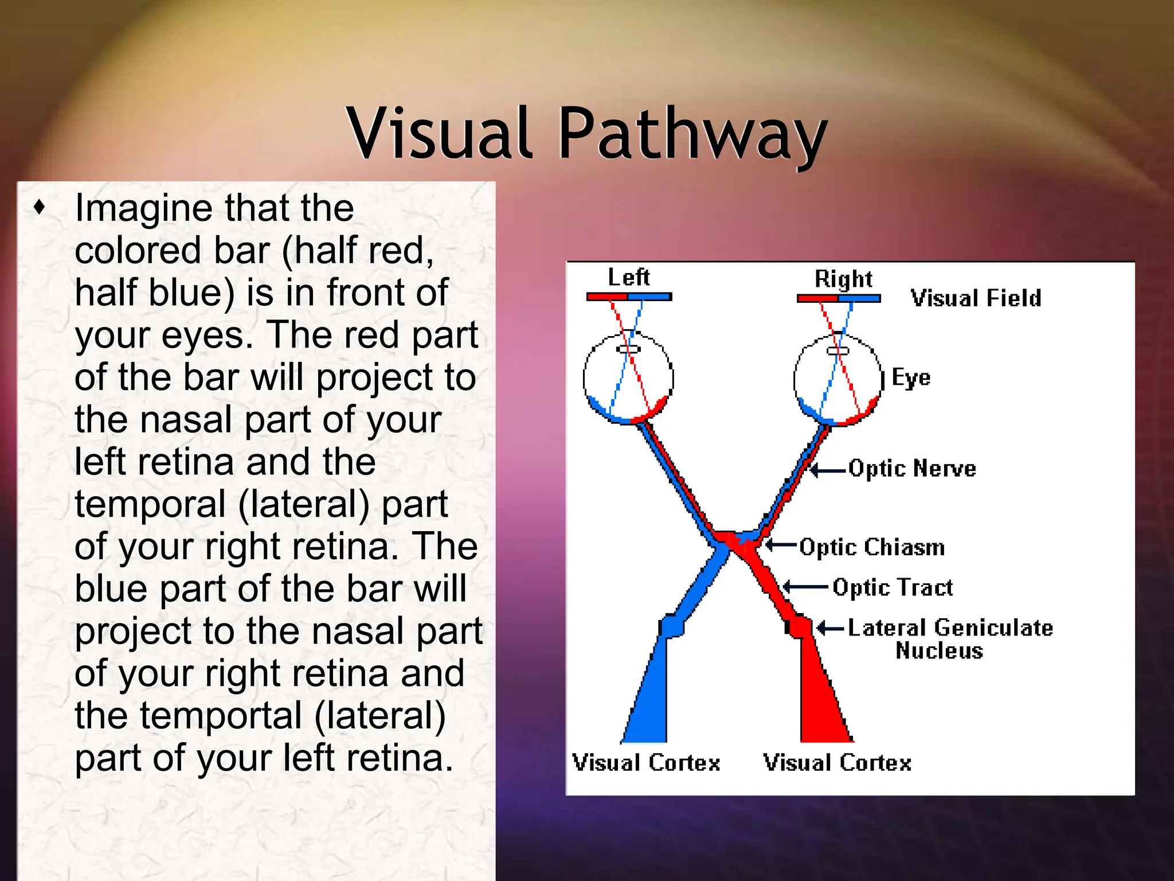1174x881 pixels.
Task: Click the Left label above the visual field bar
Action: click(x=628, y=278)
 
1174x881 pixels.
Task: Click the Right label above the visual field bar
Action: click(x=843, y=279)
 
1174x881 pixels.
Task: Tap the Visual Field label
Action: click(x=976, y=298)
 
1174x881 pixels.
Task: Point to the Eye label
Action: click(x=911, y=377)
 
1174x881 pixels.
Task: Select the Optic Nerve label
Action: click(x=912, y=469)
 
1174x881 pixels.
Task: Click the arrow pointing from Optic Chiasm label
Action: click(x=781, y=544)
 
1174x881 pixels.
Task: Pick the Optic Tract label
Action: click(x=893, y=587)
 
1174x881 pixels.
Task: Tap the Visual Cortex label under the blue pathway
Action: click(x=646, y=763)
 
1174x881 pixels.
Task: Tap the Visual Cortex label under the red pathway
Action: click(x=837, y=763)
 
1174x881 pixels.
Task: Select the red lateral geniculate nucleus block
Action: click(x=797, y=626)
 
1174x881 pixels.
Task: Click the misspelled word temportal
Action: click(x=221, y=716)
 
